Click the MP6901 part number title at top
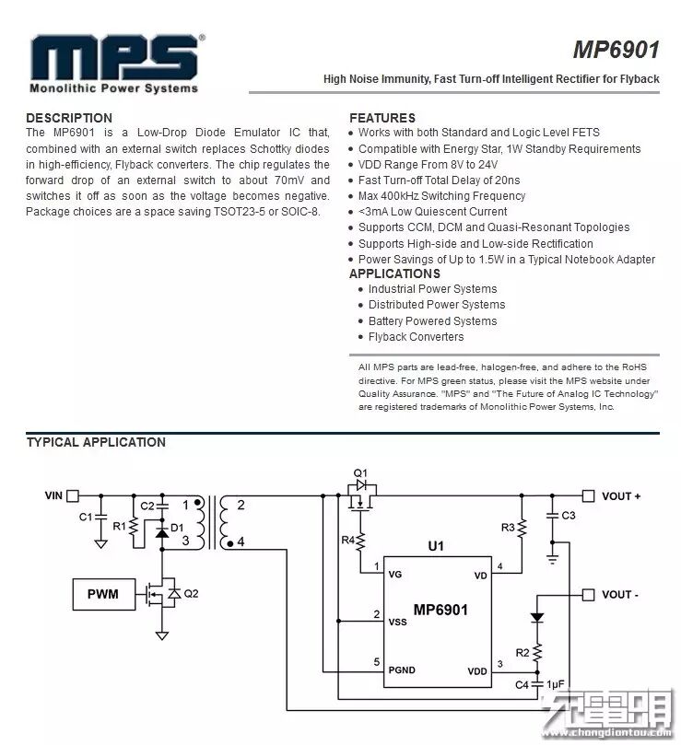pos(616,49)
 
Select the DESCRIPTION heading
pos(69,118)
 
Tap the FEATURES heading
pos(382,118)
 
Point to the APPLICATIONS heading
pos(394,274)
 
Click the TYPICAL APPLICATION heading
pos(96,442)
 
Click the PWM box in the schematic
pos(103,594)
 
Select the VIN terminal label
pos(53,495)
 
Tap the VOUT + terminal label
pos(621,496)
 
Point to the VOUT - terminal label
pos(620,595)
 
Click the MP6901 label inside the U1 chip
pos(440,610)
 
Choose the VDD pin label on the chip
pos(476,671)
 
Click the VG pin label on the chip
pos(396,575)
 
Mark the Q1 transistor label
pos(360,472)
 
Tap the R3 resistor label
pos(508,528)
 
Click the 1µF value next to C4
pos(556,684)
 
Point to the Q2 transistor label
pos(191,594)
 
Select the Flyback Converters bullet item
pos(416,337)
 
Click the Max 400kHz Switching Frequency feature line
pos(441,196)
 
